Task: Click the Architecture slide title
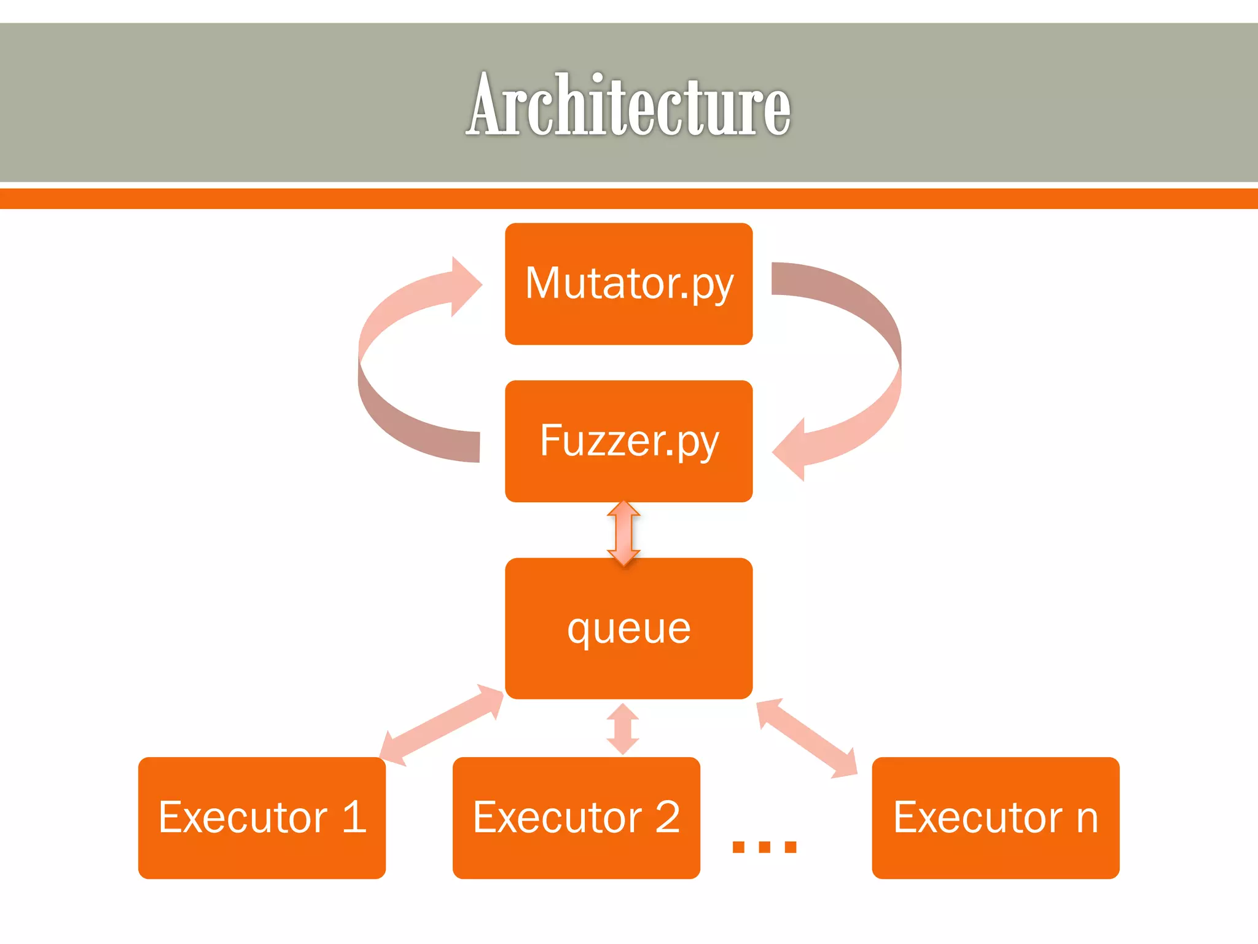[628, 104]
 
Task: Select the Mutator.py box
[628, 283]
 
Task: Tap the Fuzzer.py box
[628, 441]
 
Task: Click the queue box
[628, 628]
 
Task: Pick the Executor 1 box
[262, 817]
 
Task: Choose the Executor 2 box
[576, 817]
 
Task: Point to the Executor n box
[995, 817]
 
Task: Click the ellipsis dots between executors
[764, 847]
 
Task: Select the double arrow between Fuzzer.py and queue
[623, 532]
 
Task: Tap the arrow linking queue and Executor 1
[441, 725]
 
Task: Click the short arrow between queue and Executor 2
[623, 729]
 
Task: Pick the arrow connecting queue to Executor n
[807, 738]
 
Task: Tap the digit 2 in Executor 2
[667, 817]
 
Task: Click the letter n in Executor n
[1087, 820]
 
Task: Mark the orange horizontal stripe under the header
[628, 199]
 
